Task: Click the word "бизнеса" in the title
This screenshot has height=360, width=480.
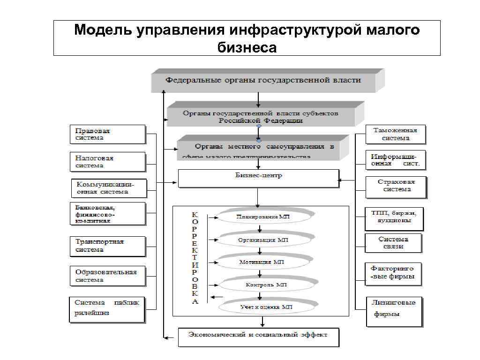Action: [247, 47]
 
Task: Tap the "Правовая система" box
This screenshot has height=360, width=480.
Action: [108, 135]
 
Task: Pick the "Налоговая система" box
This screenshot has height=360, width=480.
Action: [108, 162]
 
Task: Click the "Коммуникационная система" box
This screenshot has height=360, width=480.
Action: [109, 188]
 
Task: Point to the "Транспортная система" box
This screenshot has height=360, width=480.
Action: [108, 246]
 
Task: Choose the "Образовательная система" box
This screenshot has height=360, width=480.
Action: [108, 276]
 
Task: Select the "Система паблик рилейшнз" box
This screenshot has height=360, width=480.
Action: [107, 309]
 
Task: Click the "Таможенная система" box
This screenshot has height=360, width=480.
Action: [395, 135]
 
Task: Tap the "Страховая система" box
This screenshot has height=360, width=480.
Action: [396, 186]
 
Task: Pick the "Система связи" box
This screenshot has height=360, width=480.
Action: [393, 243]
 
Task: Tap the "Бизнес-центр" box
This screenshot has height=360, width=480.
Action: [258, 178]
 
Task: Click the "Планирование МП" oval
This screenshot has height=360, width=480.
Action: [265, 217]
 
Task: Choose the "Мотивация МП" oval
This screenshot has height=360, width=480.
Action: [265, 262]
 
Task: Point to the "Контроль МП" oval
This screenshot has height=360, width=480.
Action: [265, 285]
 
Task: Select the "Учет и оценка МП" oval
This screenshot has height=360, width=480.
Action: [265, 307]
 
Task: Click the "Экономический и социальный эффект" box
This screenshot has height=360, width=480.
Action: [258, 336]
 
